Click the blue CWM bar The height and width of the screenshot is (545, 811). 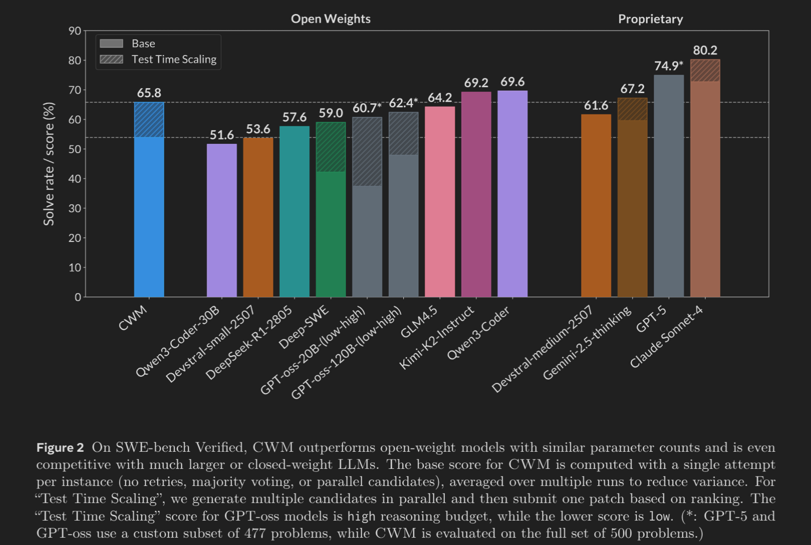pyautogui.click(x=149, y=215)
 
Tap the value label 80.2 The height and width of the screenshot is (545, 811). pyautogui.click(x=705, y=50)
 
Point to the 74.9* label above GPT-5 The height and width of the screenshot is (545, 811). pyautogui.click(x=668, y=66)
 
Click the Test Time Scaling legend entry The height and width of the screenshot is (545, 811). pyautogui.click(x=173, y=60)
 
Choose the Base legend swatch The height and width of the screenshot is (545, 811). pyautogui.click(x=111, y=43)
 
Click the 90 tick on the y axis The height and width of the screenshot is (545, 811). pyautogui.click(x=75, y=31)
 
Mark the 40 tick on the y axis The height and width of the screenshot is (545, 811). pyautogui.click(x=75, y=179)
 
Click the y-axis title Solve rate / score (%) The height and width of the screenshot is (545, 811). pyautogui.click(x=49, y=164)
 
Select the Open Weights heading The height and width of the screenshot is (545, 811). pyautogui.click(x=331, y=19)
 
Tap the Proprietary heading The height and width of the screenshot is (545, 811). pyautogui.click(x=650, y=19)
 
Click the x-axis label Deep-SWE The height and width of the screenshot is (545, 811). pyautogui.click(x=304, y=328)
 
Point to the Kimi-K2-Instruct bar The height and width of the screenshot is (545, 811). pyautogui.click(x=476, y=195)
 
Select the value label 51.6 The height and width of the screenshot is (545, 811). pyautogui.click(x=222, y=135)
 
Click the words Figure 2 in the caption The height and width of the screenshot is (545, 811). pyautogui.click(x=60, y=447)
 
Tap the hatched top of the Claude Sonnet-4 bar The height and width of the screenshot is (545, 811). pyautogui.click(x=705, y=71)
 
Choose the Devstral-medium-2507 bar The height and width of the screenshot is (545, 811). pyautogui.click(x=596, y=205)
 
